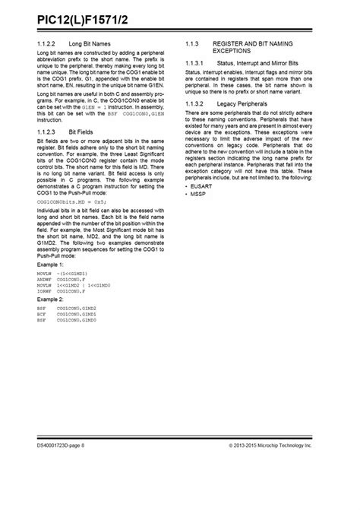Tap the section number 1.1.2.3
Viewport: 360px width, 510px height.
pyautogui.click(x=48, y=131)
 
